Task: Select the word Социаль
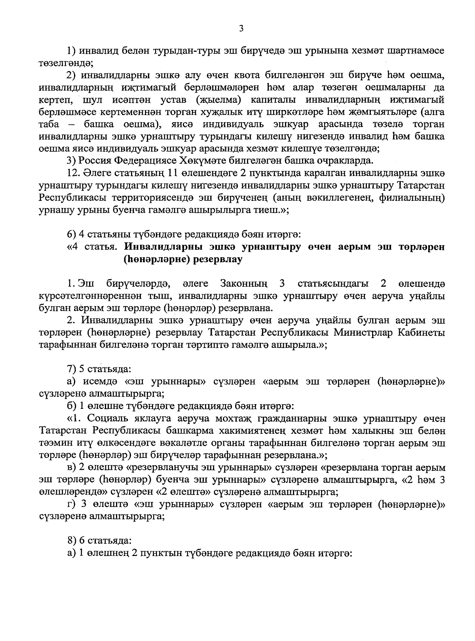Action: click(105, 418)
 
